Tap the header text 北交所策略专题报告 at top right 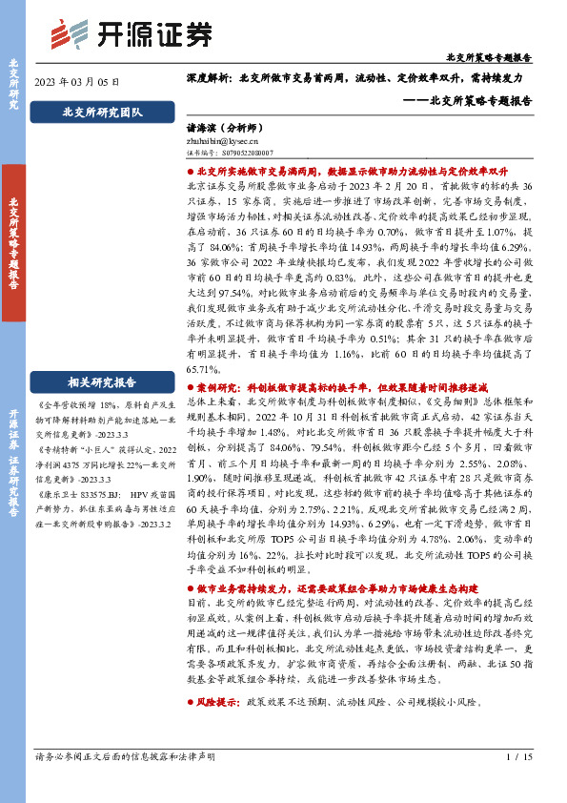coord(502,57)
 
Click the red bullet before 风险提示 coord(189,701)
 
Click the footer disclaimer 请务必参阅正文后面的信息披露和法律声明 coord(125,756)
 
